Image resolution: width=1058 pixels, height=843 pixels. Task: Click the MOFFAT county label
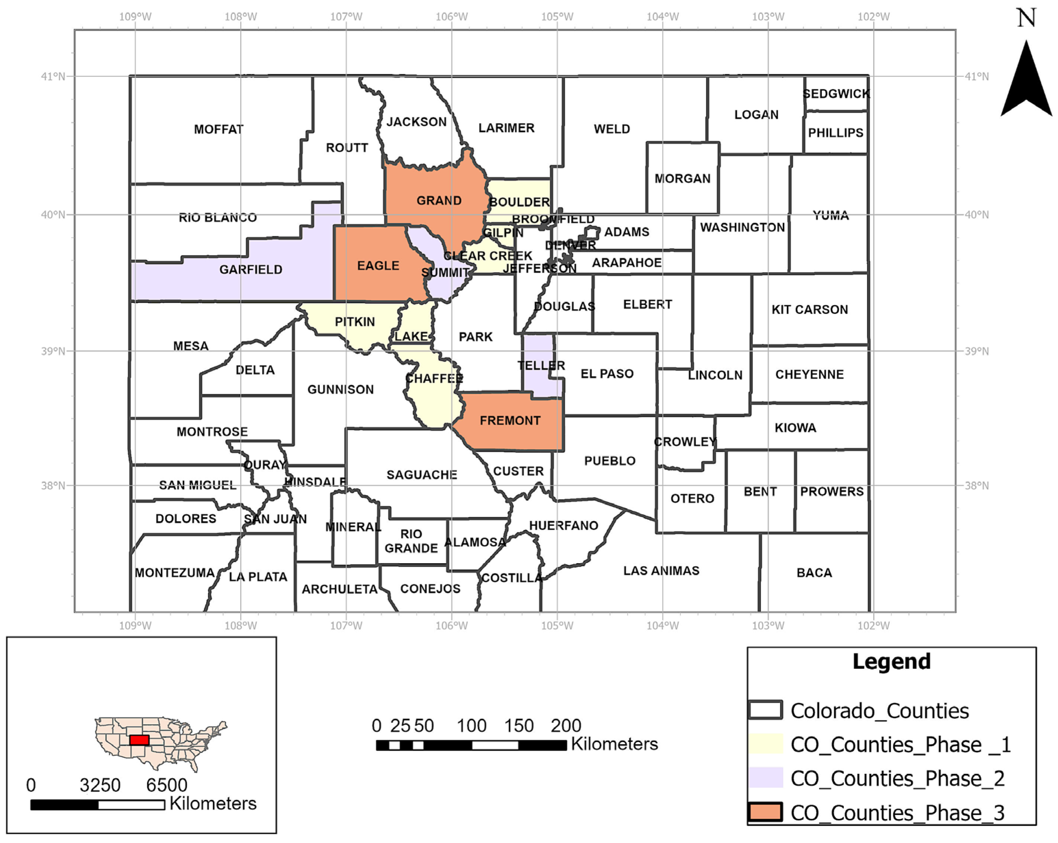[218, 129]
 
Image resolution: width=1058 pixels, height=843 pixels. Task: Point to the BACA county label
[814, 573]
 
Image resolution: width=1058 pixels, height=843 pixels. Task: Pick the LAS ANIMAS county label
[661, 570]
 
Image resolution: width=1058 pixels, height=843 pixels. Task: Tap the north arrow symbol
[1026, 81]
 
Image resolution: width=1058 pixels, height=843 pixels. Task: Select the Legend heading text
[891, 661]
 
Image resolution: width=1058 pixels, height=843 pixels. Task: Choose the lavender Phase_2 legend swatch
[766, 778]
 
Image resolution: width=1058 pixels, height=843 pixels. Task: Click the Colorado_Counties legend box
[766, 710]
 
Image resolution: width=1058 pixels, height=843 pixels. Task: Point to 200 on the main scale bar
[565, 725]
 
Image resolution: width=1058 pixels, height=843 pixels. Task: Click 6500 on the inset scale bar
[166, 785]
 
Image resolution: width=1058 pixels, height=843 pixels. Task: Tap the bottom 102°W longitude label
[874, 626]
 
